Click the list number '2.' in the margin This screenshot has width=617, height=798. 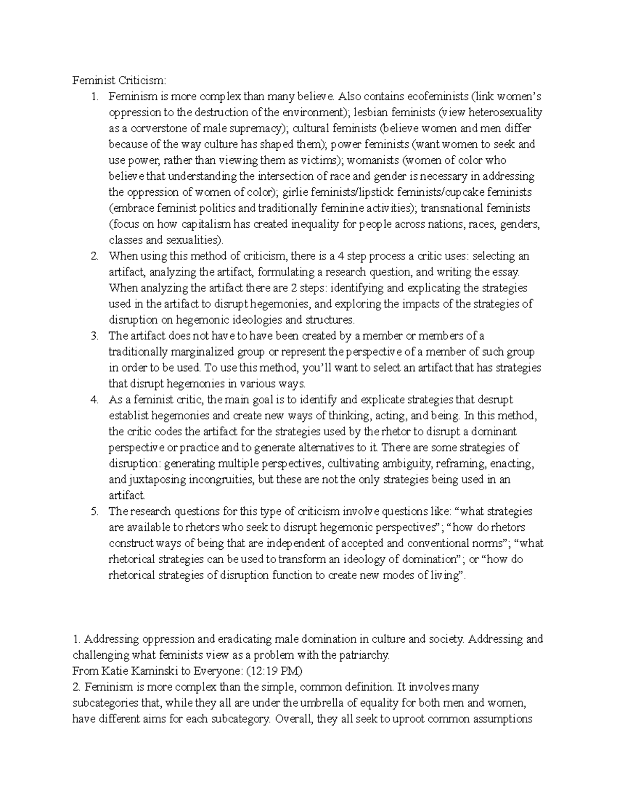pos(94,256)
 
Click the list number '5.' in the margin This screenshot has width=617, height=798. pos(94,511)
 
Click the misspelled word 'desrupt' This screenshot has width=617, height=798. pos(495,400)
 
